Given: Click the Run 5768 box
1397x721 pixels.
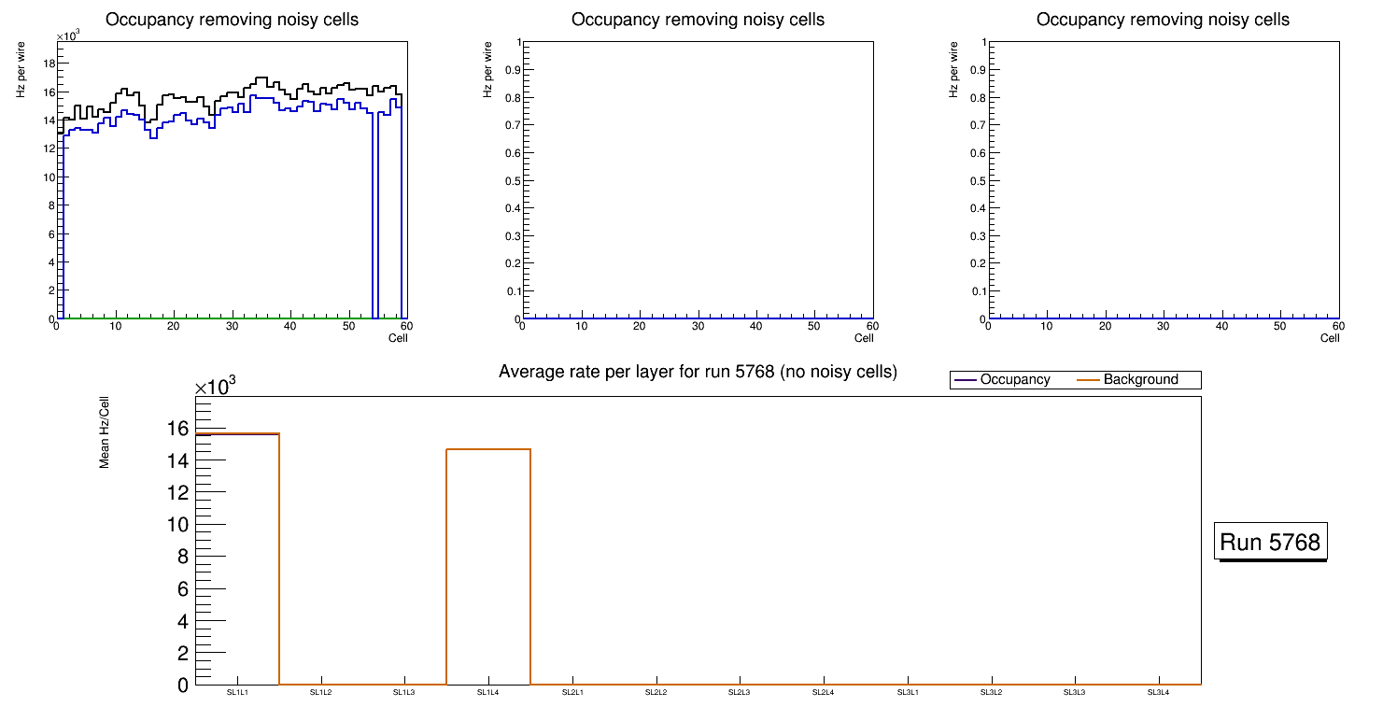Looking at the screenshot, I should (1272, 542).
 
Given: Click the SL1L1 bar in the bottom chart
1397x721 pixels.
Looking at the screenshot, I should (237, 560).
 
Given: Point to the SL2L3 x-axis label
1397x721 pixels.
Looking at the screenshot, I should (740, 692).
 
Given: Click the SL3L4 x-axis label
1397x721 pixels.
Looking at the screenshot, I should (1158, 692).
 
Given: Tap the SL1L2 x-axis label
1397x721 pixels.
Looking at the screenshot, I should (320, 692).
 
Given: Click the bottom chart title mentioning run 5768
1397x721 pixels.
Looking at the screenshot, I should (698, 372).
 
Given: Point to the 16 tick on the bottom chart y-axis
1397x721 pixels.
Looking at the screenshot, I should (177, 429).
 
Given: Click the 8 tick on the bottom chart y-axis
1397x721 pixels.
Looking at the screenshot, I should (182, 557).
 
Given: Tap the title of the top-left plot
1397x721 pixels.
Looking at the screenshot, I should (232, 20).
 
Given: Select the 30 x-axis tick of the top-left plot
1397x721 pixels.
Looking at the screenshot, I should (232, 326).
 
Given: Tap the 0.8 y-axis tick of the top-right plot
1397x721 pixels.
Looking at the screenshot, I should (977, 97).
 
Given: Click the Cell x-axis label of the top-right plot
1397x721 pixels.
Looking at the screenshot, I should (1330, 338).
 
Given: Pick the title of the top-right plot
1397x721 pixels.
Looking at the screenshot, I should (1163, 20).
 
